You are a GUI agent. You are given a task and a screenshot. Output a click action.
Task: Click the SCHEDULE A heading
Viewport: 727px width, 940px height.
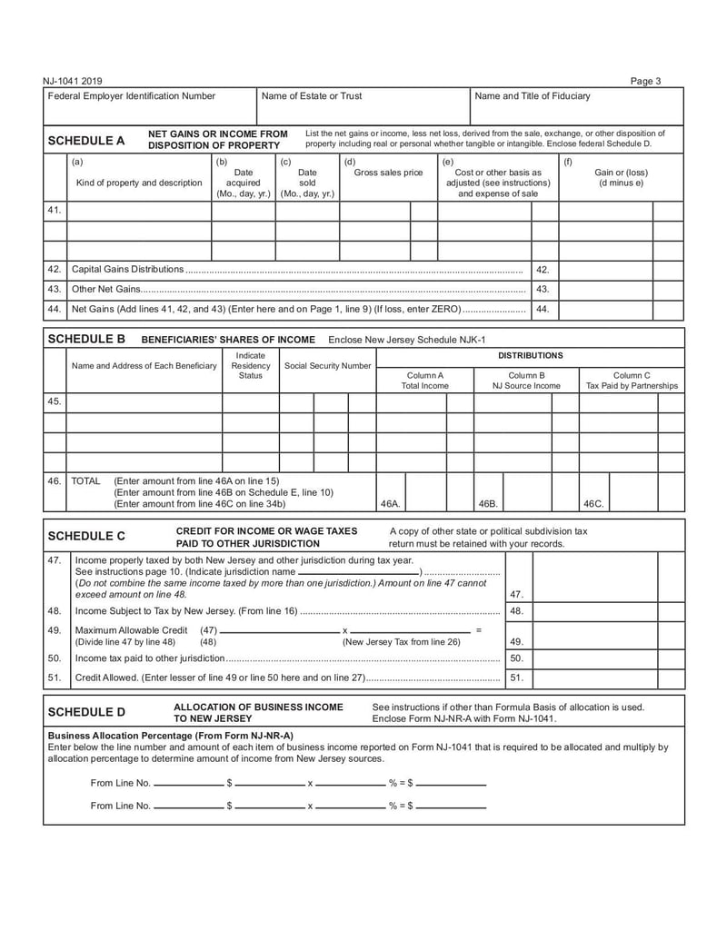[x=85, y=141]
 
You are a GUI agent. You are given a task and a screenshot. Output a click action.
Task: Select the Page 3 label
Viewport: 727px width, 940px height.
[x=645, y=81]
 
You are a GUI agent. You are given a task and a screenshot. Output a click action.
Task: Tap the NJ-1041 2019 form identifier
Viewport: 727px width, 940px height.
[x=73, y=81]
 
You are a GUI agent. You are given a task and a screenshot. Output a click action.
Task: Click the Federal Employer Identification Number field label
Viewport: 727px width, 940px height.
[x=132, y=95]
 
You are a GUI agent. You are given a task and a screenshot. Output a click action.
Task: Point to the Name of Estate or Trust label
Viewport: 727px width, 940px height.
[x=312, y=95]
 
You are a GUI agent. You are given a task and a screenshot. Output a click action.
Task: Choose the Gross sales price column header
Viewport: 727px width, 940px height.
[x=388, y=173]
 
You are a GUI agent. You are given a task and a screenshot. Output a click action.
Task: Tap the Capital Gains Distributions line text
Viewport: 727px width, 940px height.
[x=127, y=270]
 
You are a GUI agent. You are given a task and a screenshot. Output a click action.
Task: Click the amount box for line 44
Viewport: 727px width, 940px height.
[x=606, y=310]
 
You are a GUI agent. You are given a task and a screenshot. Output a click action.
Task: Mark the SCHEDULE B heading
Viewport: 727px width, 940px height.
[x=85, y=338]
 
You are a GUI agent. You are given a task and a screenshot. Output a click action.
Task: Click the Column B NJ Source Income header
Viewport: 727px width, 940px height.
[x=526, y=381]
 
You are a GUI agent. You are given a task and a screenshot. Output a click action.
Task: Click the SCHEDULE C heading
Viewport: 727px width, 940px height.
[x=85, y=536]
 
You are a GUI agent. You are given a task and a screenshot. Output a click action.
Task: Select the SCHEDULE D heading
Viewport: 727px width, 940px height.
[x=85, y=712]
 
